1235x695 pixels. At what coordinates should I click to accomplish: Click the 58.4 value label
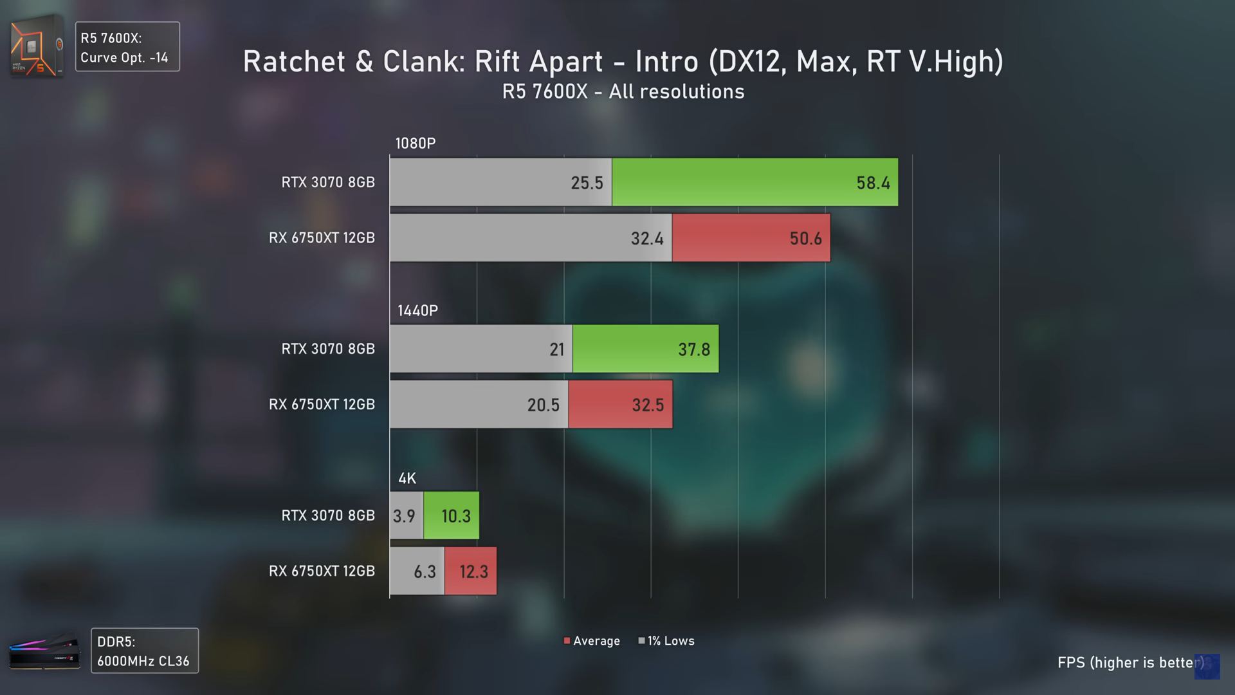coord(873,183)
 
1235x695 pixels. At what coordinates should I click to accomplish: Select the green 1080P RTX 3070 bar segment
coord(755,182)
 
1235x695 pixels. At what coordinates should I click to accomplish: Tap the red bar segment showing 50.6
coord(751,238)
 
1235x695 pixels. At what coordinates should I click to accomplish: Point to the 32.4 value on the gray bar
coord(646,239)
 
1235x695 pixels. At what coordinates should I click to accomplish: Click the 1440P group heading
coord(417,311)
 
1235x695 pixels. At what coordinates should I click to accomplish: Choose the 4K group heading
coord(407,478)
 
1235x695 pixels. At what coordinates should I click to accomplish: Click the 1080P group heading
coord(416,144)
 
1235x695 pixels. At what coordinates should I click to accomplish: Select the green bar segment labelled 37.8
coord(645,349)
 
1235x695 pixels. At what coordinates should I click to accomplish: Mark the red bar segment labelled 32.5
coord(620,405)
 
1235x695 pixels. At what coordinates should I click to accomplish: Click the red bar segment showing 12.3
coord(470,571)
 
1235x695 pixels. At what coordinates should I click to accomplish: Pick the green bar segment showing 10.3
coord(451,515)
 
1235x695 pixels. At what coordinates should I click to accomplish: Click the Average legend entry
coord(592,641)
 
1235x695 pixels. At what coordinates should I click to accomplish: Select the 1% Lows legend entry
coord(666,641)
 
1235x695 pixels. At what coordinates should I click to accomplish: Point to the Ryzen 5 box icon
coord(37,46)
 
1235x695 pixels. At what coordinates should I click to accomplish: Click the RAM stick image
coord(44,651)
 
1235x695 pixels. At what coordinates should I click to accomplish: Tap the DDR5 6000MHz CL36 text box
coord(145,651)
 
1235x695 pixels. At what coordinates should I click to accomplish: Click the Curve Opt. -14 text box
coord(127,47)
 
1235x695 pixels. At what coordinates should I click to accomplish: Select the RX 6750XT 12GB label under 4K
coord(322,571)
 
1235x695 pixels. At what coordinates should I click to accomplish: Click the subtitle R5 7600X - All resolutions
coord(623,92)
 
